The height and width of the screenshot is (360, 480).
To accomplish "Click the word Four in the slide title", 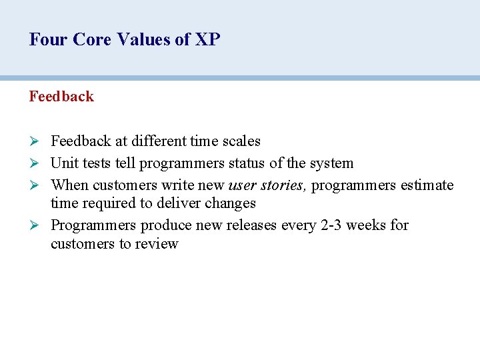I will [x=49, y=40].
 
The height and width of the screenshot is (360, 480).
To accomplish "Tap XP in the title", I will [x=207, y=40].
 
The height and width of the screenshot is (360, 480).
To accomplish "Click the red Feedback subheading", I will [x=61, y=97].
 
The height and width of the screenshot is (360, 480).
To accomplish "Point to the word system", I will [x=331, y=163].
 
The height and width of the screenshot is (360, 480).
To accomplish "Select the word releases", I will [x=251, y=225].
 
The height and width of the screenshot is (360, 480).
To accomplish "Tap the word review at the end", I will [x=157, y=244].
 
